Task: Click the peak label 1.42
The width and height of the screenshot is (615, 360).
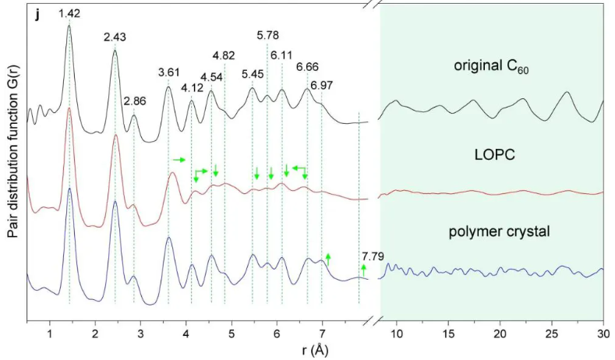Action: pos(69,12)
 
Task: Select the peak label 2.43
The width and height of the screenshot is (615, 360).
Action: pos(115,37)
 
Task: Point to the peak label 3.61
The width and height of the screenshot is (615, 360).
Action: pos(168,72)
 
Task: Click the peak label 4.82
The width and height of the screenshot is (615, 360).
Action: pos(224,55)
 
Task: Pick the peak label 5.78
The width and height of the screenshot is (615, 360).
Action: pos(267,35)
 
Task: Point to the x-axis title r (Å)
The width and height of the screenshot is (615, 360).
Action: pos(316,349)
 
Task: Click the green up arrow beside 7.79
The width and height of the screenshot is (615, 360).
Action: pos(363,270)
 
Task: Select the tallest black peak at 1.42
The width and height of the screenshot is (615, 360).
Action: pos(69,26)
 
